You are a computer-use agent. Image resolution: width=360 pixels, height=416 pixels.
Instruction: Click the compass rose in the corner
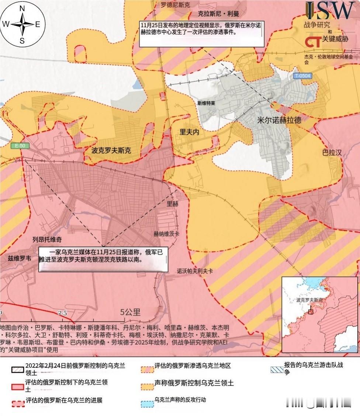pos(22,24)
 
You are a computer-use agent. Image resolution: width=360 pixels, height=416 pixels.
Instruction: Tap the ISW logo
pos(329,11)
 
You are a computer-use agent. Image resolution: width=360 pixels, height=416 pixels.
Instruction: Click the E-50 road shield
pos(20,146)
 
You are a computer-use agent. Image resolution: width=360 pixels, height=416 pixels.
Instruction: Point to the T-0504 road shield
pos(303,76)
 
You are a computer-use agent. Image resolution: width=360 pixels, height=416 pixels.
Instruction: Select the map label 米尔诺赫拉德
pos(279,121)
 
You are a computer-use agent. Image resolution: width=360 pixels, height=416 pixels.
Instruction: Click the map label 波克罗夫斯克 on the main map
pos(111,151)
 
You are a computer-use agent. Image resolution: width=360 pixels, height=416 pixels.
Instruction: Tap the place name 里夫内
pos(189,132)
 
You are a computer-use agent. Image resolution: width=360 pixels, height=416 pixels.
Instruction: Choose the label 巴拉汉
pos(332,152)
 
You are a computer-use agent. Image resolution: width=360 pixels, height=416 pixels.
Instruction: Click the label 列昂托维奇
pos(47,239)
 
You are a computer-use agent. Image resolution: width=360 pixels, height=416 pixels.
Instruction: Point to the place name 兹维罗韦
pos(19,259)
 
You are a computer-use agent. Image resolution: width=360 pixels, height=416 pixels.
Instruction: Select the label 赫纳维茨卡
pos(167,234)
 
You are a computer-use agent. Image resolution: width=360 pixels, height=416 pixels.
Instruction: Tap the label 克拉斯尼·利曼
pos(216,14)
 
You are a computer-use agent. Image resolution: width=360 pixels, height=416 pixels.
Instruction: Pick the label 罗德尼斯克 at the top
pos(175,5)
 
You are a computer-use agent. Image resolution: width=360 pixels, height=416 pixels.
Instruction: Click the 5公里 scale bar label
pos(131,312)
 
